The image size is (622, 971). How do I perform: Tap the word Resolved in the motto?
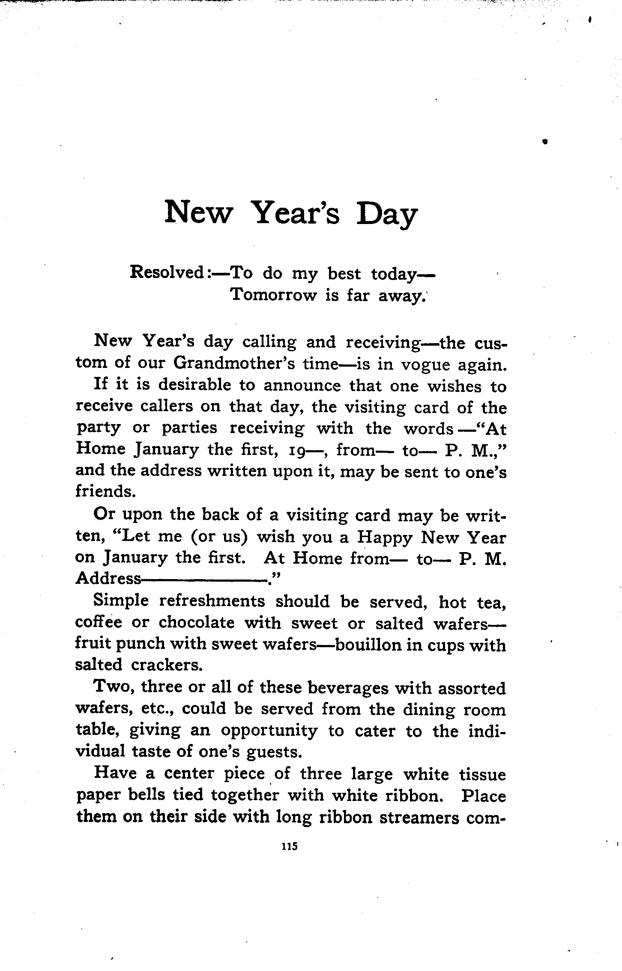[167, 272]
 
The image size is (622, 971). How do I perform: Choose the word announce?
[302, 385]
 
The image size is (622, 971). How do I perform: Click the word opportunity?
[269, 731]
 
